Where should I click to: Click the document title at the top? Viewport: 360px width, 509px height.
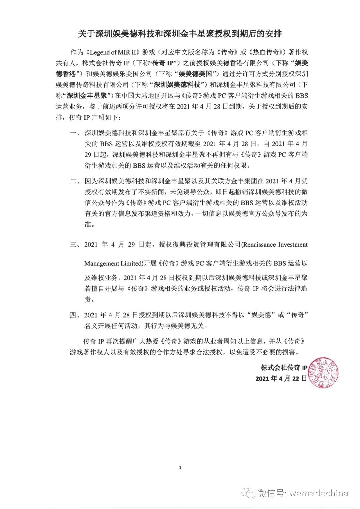click(x=180, y=34)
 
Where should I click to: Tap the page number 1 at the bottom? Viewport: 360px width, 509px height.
click(x=180, y=467)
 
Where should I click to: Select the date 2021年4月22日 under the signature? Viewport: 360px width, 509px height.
click(x=281, y=378)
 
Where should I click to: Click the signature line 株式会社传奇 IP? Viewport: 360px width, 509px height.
click(x=284, y=368)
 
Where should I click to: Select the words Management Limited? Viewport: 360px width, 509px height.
click(x=113, y=263)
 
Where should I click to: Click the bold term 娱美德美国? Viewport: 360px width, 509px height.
click(x=195, y=74)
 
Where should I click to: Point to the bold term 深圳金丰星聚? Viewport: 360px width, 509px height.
click(x=87, y=95)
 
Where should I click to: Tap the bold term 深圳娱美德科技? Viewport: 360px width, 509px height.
click(x=177, y=84)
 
